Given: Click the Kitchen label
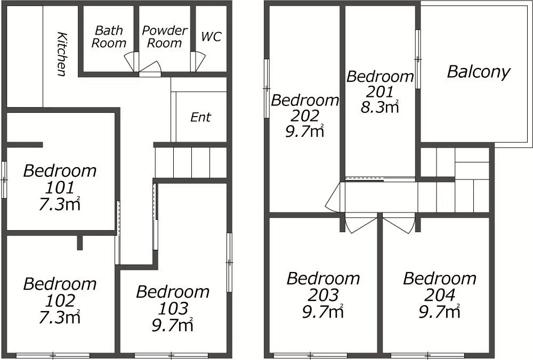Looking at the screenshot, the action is pos(61,54).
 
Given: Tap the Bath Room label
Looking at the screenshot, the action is pos(109,37).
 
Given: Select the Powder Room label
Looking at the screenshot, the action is pos(165,37).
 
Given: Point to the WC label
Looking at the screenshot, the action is pos(211,37).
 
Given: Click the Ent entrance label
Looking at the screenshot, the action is pos(200,117).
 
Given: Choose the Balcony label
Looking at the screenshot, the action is pos(479,72).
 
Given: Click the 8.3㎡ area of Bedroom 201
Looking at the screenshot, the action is pos(379,107).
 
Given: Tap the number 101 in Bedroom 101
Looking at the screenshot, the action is pos(60,187).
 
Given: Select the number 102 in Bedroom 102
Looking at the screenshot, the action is pos(60,300).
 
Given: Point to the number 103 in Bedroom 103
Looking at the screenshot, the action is pos(173,308).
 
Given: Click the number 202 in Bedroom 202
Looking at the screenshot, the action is pos(304,116).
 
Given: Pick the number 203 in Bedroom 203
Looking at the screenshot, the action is pos(324,295).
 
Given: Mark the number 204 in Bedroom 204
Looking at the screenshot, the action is pos(440,295).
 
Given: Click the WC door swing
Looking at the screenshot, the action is pos(199,61).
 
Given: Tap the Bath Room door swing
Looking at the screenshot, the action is pos(132,62).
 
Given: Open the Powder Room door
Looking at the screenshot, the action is pos(150,67).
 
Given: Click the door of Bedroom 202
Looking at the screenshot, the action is pos(334,198).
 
